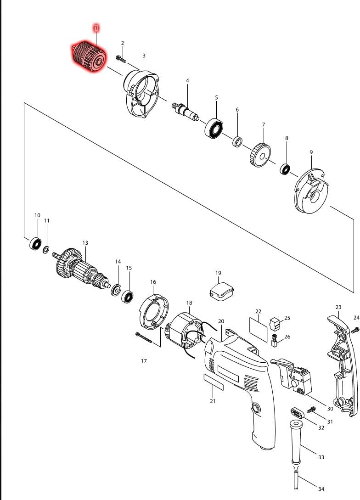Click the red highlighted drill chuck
[x=89, y=57]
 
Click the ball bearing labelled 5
[x=214, y=129]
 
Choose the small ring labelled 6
[x=237, y=141]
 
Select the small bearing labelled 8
[x=285, y=169]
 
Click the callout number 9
[x=311, y=152]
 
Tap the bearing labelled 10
[x=35, y=244]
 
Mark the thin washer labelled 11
[x=46, y=249]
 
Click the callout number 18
[x=189, y=303]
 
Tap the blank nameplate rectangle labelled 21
[x=214, y=382]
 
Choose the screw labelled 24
[x=355, y=331]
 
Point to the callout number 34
[x=321, y=489]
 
